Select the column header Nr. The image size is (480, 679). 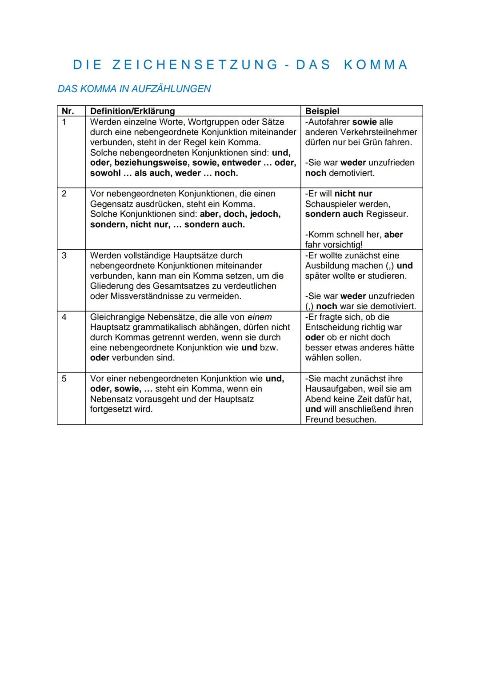(68, 111)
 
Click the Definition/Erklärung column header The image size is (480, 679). (132, 111)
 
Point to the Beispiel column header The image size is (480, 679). (322, 111)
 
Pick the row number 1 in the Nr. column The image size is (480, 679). (64, 122)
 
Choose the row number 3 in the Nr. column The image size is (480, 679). (64, 256)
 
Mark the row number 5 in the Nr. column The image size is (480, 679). (64, 379)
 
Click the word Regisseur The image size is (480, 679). (387, 214)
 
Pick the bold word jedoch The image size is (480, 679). (265, 214)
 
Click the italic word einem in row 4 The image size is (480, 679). (260, 317)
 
